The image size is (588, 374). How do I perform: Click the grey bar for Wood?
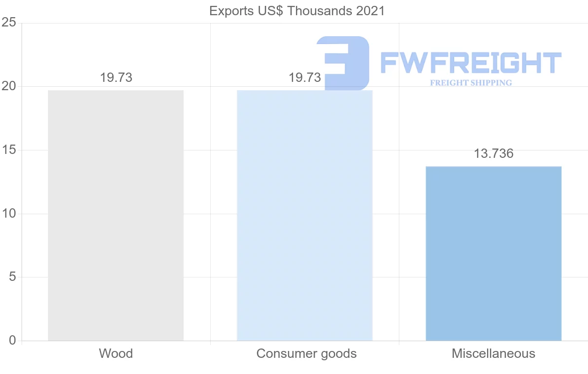pos(116,216)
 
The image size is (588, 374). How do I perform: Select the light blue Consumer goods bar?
pos(304,216)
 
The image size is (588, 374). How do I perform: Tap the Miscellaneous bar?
pos(493,253)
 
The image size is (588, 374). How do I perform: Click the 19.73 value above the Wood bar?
pos(116,77)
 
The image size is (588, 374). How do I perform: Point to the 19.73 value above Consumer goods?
pos(305,77)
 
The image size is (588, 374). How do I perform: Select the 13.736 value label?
pos(493,153)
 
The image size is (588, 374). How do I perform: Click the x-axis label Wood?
pos(116,353)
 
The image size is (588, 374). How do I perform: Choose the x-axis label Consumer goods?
pos(306,353)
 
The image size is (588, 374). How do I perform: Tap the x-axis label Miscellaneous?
pos(493,353)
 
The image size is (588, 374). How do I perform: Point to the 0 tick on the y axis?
pos(12,341)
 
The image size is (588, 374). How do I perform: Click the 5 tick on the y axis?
pos(12,277)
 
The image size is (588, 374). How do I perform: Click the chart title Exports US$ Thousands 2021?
pos(297,11)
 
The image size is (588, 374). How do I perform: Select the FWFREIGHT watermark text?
pos(470,63)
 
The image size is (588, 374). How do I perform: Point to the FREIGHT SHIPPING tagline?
pos(470,83)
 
